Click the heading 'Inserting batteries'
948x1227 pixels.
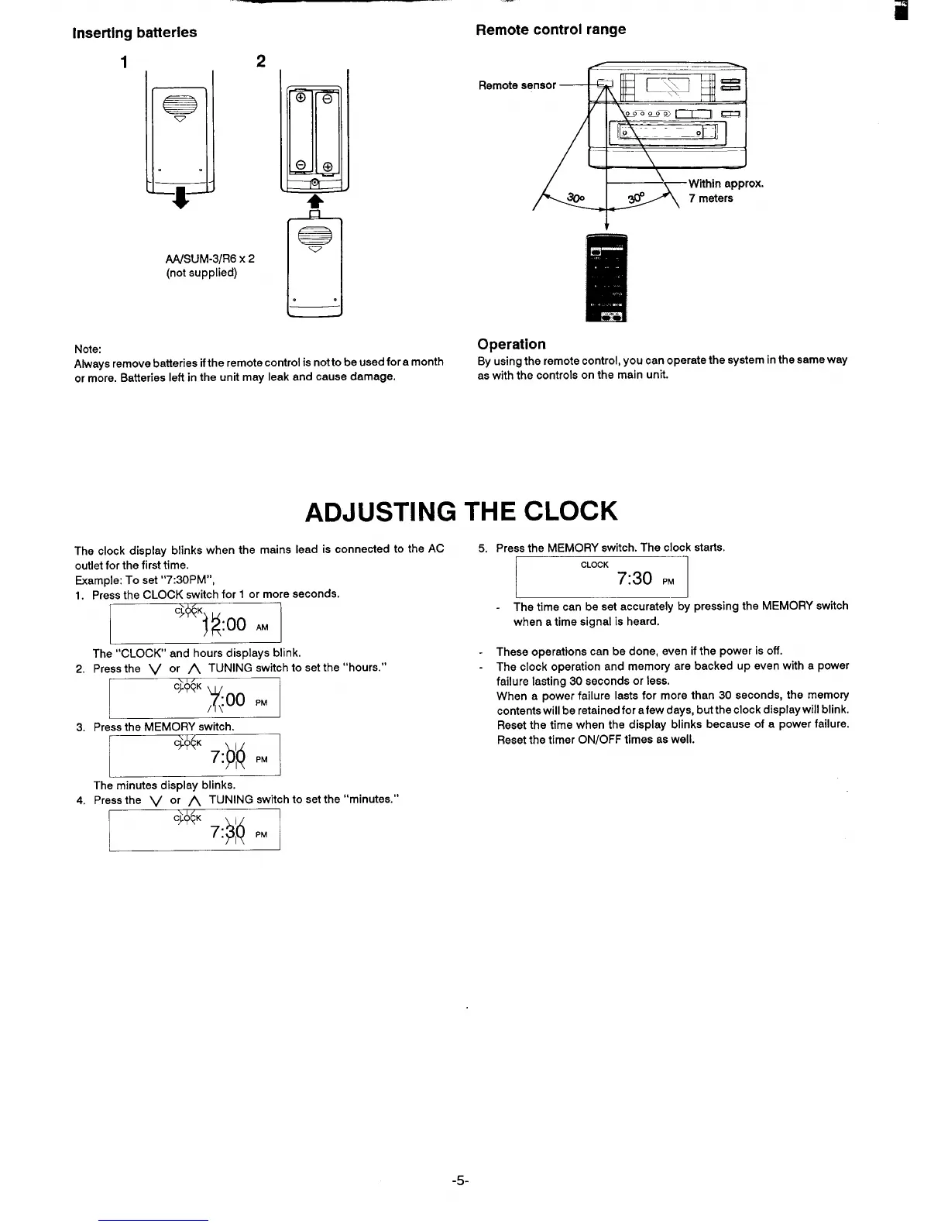(134, 33)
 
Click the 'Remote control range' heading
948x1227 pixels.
(551, 29)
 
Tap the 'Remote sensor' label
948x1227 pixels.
(517, 85)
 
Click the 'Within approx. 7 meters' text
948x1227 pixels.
(726, 191)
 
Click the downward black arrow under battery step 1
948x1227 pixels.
(180, 198)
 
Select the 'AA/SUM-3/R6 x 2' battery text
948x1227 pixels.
(210, 259)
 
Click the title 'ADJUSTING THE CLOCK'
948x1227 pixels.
(462, 511)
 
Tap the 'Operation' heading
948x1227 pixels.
(511, 344)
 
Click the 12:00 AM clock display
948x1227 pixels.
(195, 624)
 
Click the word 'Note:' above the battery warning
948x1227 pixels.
(88, 349)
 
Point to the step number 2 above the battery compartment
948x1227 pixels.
(260, 61)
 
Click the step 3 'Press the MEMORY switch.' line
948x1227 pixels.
(163, 727)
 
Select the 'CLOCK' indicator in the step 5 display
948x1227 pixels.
(594, 565)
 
